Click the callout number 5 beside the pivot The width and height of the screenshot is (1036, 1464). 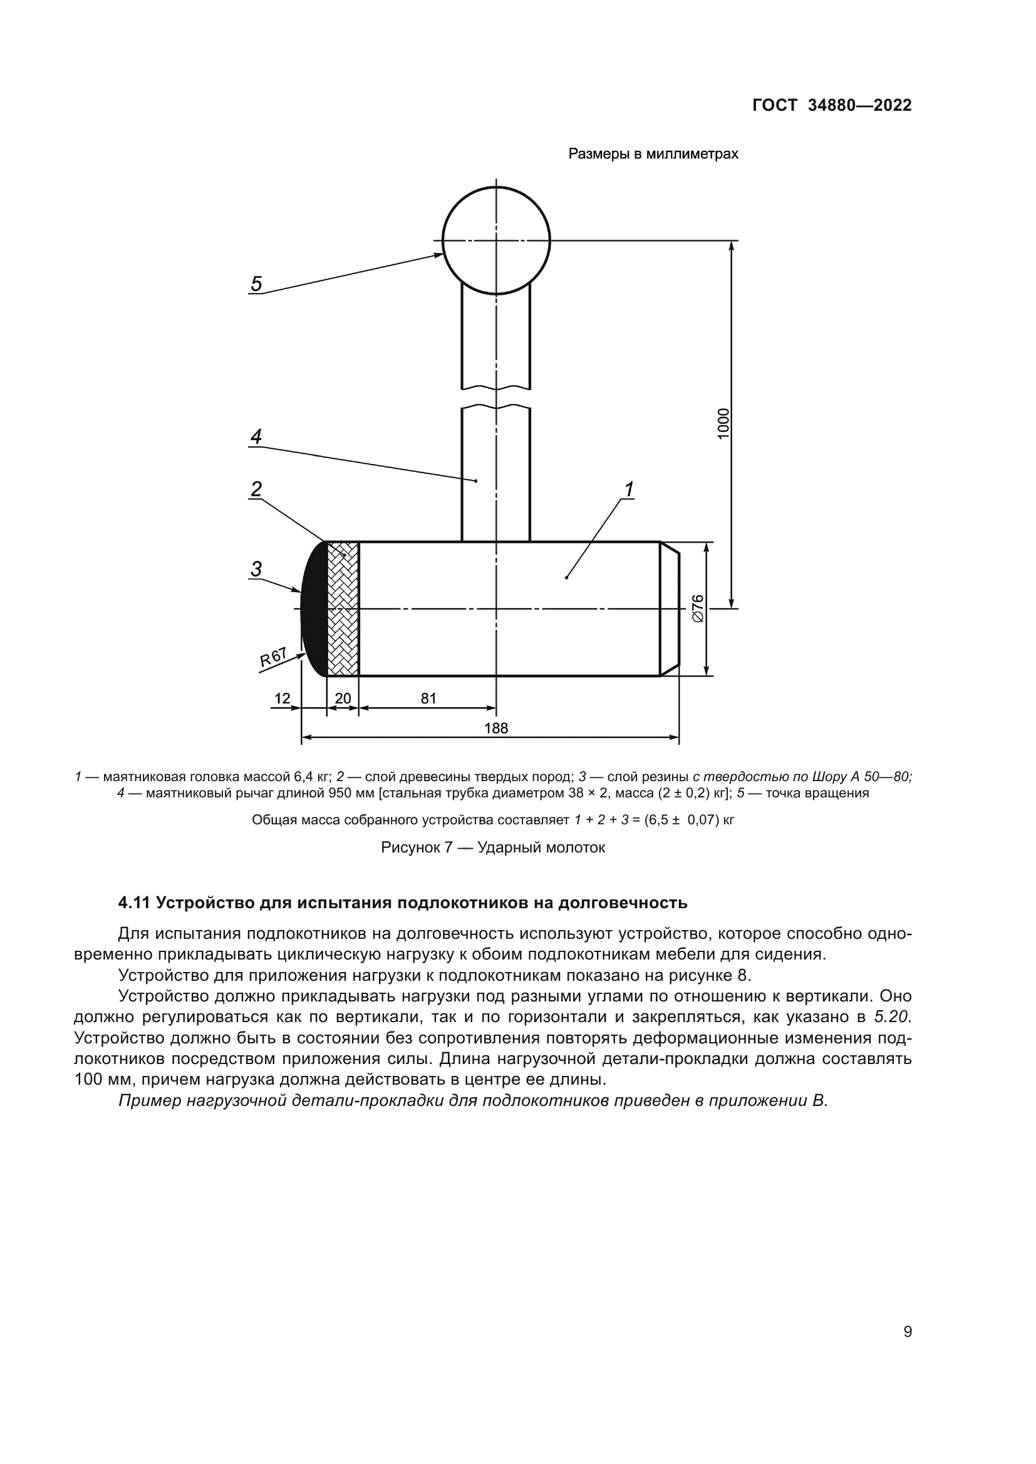[256, 284]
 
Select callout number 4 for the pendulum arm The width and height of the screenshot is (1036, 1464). [256, 437]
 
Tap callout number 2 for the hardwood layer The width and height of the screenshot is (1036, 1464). [256, 489]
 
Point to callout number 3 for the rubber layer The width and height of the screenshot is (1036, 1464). [256, 568]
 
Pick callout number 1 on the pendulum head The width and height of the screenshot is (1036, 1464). [629, 489]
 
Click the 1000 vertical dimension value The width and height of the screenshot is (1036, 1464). [723, 423]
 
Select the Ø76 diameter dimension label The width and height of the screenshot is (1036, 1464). [698, 608]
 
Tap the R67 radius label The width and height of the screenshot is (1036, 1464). [273, 657]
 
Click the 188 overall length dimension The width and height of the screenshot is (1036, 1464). [495, 728]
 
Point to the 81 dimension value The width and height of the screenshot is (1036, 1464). [428, 699]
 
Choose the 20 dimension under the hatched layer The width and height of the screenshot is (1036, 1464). [343, 699]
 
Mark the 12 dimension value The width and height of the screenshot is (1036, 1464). [282, 699]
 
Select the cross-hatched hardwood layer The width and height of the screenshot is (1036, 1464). [343, 608]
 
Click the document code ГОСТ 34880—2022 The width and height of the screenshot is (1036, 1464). [832, 105]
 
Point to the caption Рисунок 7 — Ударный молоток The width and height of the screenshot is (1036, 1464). [493, 847]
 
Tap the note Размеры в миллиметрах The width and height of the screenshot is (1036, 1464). [653, 154]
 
